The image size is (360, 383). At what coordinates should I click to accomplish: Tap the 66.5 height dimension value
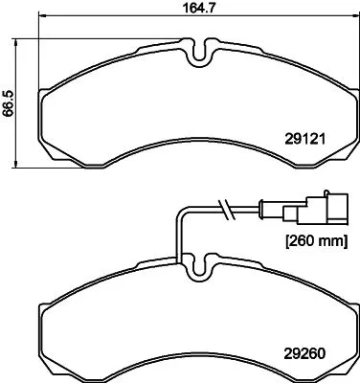pos(10,98)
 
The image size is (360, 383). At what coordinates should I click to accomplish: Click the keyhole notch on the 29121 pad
pos(198,54)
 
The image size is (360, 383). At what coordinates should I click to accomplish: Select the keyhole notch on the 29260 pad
pos(198,263)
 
